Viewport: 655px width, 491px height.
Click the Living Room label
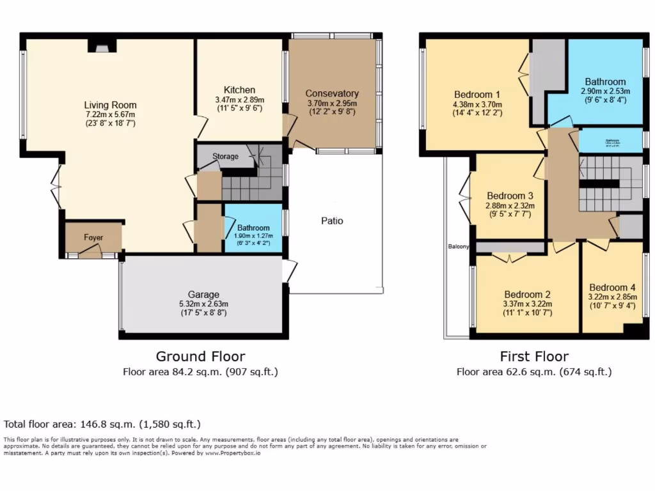click(110, 105)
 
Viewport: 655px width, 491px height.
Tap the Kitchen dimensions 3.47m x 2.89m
click(240, 100)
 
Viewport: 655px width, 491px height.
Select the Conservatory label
click(332, 93)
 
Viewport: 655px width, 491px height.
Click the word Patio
click(332, 221)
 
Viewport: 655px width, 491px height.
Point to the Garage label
click(204, 294)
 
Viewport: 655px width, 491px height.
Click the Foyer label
click(93, 238)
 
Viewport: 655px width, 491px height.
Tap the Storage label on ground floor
click(225, 156)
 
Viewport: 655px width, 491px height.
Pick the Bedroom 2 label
click(528, 294)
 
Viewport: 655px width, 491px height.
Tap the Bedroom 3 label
click(510, 196)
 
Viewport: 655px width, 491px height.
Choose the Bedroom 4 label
click(612, 287)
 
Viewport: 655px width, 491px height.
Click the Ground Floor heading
click(200, 356)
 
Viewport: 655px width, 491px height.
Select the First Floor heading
click(534, 356)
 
